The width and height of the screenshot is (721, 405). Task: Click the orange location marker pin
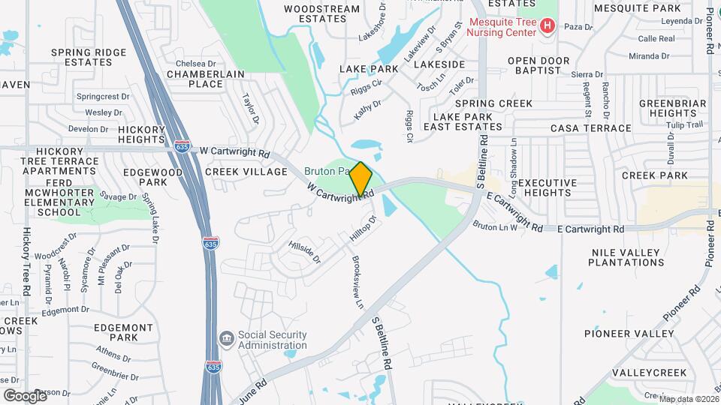click(x=360, y=179)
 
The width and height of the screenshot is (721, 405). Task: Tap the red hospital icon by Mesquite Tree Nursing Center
click(x=548, y=27)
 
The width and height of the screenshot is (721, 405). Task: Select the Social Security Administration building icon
click(x=226, y=340)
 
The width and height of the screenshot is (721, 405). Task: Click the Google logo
click(x=25, y=395)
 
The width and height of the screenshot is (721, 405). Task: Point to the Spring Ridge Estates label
click(x=89, y=57)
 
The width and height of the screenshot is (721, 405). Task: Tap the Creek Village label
click(x=246, y=172)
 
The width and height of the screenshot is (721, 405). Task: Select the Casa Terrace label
click(x=591, y=128)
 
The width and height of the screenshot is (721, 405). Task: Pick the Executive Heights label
click(x=548, y=187)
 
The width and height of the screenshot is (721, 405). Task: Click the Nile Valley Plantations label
click(x=626, y=257)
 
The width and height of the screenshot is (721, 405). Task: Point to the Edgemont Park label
click(x=125, y=332)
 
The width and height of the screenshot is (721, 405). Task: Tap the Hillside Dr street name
click(x=306, y=251)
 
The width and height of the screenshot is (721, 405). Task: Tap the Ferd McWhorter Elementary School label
click(x=59, y=197)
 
